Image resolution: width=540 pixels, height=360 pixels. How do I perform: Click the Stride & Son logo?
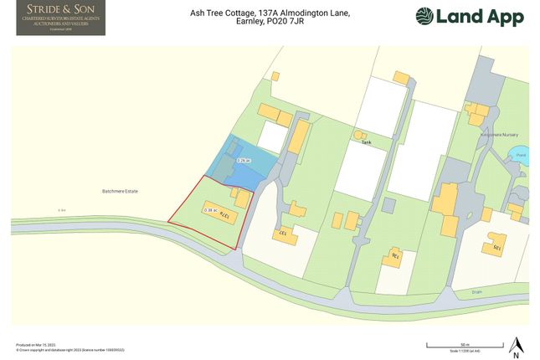[x=60, y=18]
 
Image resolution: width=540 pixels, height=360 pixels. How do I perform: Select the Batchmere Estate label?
[x=121, y=192]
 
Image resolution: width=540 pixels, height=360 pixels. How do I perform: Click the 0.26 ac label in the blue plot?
[x=244, y=160]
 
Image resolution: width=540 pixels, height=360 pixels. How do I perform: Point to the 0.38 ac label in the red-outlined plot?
[x=210, y=210]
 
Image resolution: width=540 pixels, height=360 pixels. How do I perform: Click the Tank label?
[x=365, y=142]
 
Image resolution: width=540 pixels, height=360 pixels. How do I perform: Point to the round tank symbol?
[x=362, y=135]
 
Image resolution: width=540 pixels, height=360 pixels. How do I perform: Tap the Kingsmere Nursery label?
[x=487, y=134]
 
